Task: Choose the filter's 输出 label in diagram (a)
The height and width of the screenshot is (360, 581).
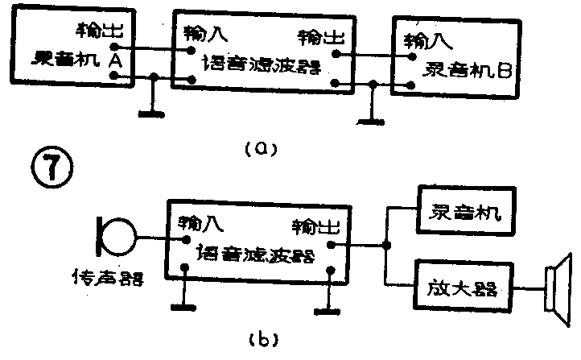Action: tap(319, 37)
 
